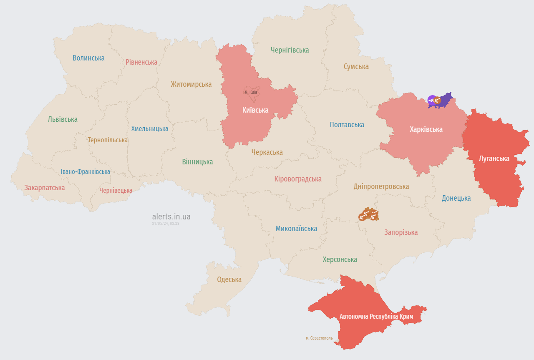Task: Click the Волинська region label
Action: (88, 58)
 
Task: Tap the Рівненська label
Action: (141, 62)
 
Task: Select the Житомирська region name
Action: (191, 84)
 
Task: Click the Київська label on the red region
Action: (255, 110)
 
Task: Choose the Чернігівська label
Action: (290, 50)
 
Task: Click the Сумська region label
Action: (356, 67)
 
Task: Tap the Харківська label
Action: (426, 129)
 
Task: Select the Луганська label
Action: (494, 159)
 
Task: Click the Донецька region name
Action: (456, 198)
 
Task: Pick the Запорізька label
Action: (400, 232)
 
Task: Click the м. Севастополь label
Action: (319, 338)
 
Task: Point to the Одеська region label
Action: (229, 279)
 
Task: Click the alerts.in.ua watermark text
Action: (171, 217)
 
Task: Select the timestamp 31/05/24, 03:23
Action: (166, 224)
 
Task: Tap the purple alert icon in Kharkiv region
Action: (431, 100)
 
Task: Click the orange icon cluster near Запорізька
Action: (368, 215)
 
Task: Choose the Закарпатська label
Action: (44, 188)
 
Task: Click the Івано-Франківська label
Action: (86, 172)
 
